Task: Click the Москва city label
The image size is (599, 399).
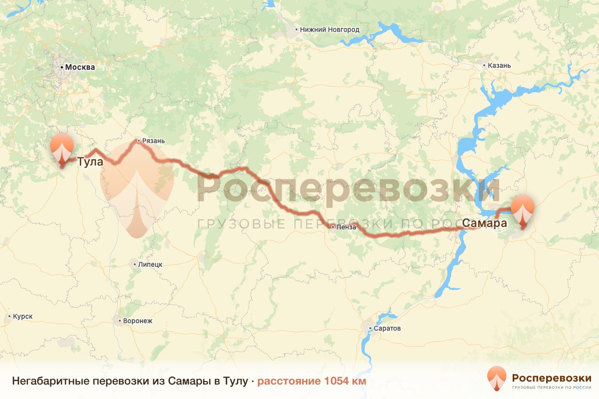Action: point(80,67)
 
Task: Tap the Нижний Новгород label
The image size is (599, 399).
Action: point(330,29)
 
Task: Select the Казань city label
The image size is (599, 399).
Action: point(500,65)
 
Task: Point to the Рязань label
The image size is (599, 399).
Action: point(153,141)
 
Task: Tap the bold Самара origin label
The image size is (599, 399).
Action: point(485,223)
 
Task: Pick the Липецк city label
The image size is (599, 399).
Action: point(150,264)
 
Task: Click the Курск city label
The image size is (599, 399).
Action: point(23,317)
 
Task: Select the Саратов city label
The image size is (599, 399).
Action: point(388,328)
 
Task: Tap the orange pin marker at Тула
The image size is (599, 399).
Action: point(62,148)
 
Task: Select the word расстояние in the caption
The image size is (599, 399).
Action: point(289,382)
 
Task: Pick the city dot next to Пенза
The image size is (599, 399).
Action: point(333,227)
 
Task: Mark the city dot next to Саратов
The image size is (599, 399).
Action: point(370,328)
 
